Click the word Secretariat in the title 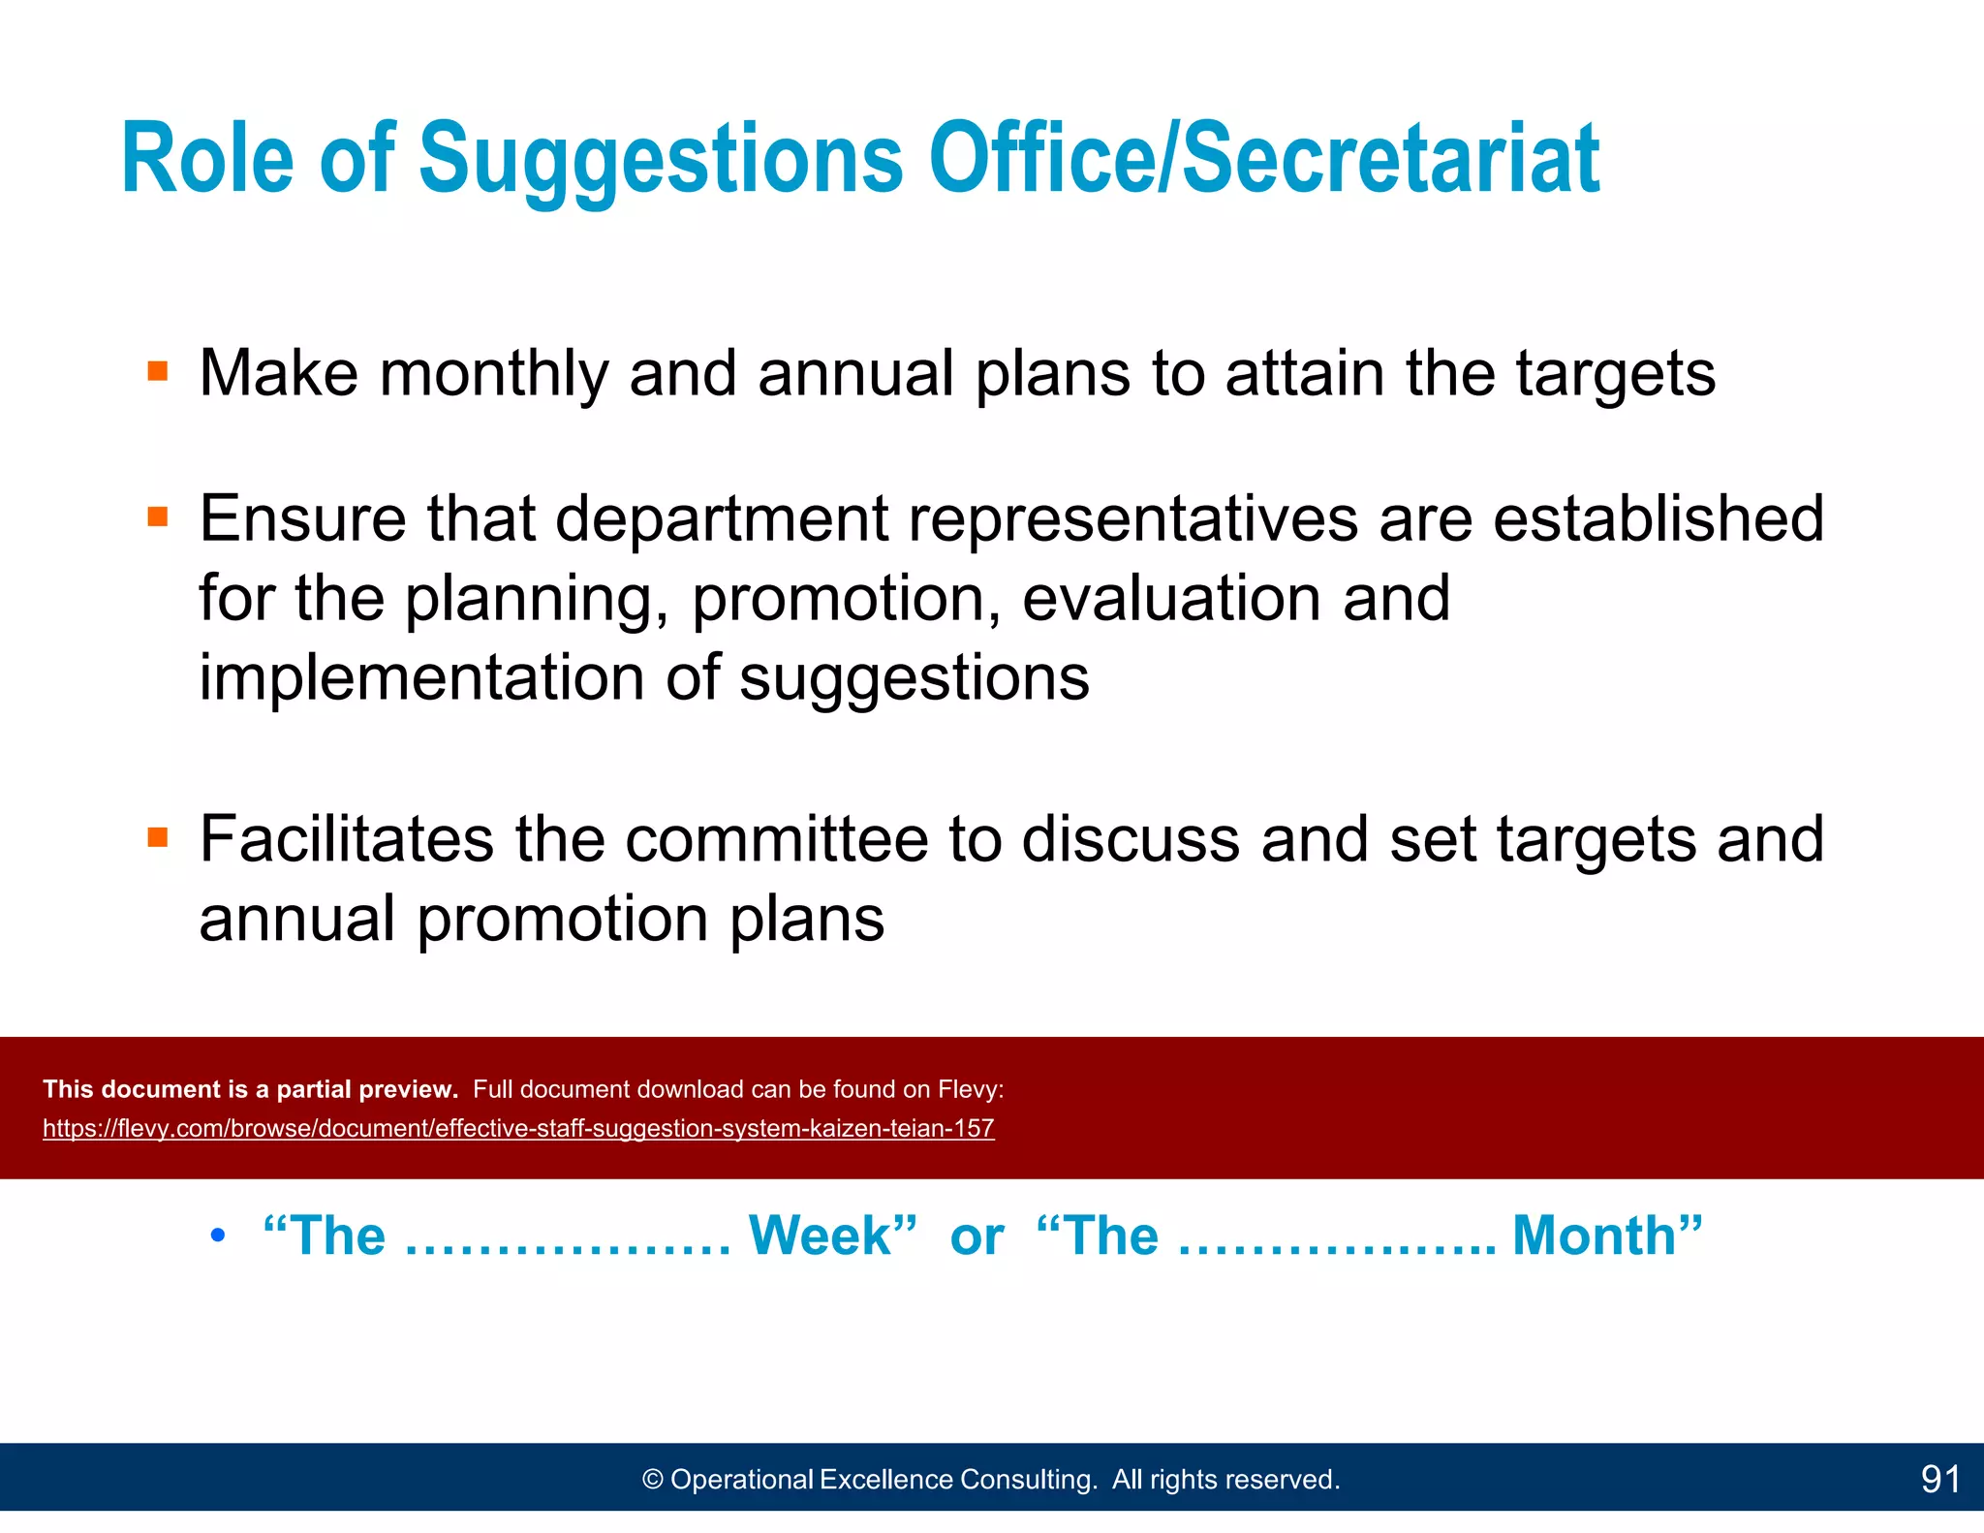point(1391,159)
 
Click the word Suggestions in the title point(661,159)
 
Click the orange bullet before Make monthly point(158,371)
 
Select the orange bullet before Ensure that point(158,516)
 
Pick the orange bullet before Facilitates point(158,836)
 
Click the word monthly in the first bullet point(493,374)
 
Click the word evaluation point(1171,598)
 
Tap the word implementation point(421,677)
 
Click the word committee point(777,839)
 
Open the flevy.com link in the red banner point(518,1129)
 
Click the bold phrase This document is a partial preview point(250,1089)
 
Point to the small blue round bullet point(218,1236)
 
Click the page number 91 point(1939,1480)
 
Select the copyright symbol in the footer point(653,1480)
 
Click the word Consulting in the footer point(1028,1480)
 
